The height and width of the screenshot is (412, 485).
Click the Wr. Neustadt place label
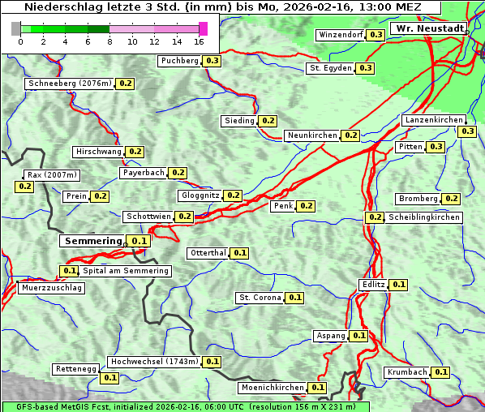pos(429,28)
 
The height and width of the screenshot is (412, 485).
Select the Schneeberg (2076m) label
pos(69,84)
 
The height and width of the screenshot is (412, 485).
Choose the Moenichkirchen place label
pos(273,388)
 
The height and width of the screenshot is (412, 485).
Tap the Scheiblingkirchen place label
pos(423,217)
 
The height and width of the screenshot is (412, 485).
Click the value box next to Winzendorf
pos(376,35)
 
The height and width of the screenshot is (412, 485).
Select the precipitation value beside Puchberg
pos(212,61)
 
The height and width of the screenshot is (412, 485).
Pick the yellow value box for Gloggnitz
pos(233,195)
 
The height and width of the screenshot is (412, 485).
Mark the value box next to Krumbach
pos(440,372)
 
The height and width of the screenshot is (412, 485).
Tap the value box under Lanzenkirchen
pos(467,131)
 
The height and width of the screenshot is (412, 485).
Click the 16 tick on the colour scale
pos(200,41)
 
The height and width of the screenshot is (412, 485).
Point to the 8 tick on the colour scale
pos(109,41)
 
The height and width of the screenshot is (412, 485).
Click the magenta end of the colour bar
pos(203,28)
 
